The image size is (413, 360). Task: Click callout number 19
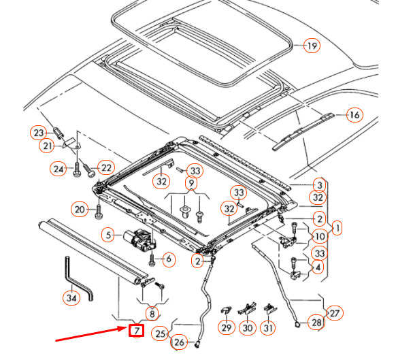click(x=311, y=46)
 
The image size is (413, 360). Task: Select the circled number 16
click(x=354, y=115)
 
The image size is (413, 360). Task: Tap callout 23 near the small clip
click(x=39, y=133)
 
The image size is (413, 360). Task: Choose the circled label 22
click(x=105, y=167)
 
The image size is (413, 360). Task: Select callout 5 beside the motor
click(x=108, y=235)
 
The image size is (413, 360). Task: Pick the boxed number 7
click(x=136, y=331)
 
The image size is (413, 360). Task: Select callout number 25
click(x=160, y=333)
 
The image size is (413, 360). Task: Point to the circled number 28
click(x=316, y=322)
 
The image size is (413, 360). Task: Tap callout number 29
click(x=226, y=327)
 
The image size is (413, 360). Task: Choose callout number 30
click(x=248, y=327)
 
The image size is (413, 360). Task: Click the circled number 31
click(x=269, y=327)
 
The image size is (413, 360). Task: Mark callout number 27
click(x=335, y=313)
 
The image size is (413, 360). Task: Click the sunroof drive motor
click(x=139, y=240)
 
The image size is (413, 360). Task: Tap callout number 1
click(x=337, y=227)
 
